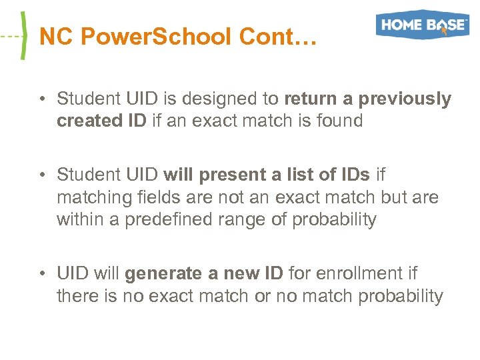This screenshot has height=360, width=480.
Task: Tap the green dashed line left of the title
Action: (x=9, y=35)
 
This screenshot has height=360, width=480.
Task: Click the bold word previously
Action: (x=405, y=99)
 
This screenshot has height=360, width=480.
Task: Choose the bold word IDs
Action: (x=351, y=175)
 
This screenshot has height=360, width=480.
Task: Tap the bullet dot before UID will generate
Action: (x=41, y=274)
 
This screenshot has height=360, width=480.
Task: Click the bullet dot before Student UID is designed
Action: (x=41, y=99)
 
